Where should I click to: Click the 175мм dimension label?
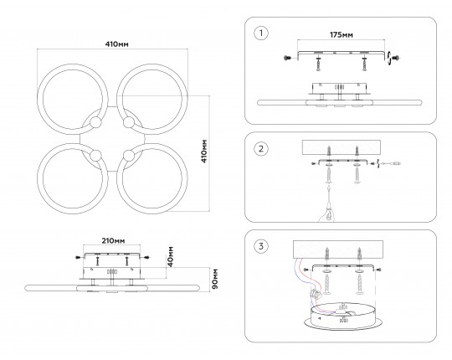point(341,35)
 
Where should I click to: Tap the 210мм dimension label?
point(113,240)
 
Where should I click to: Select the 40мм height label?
point(171,256)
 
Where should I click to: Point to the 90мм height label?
point(215,279)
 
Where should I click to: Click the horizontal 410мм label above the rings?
point(116,44)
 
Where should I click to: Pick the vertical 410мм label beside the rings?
point(204,152)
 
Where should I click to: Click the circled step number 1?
point(261,33)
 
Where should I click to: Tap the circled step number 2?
point(261,149)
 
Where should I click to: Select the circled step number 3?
point(261,246)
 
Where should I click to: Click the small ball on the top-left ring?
point(95,123)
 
